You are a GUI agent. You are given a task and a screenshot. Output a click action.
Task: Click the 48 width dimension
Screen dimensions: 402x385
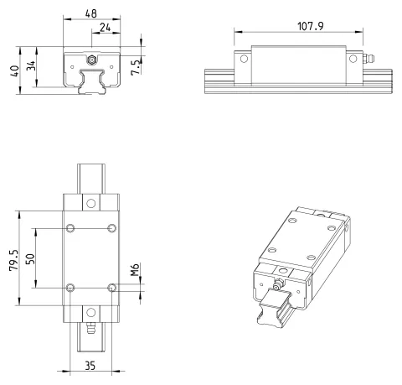[91, 13]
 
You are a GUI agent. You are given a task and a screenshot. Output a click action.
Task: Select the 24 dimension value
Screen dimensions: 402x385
[106, 28]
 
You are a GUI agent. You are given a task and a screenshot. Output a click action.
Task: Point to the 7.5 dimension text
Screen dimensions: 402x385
[136, 68]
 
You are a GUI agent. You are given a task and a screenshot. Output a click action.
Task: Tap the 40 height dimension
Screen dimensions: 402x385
[14, 70]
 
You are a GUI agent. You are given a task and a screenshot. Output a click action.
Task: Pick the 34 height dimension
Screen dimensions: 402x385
[31, 66]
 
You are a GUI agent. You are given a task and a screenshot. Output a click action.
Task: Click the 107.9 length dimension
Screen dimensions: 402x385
[311, 26]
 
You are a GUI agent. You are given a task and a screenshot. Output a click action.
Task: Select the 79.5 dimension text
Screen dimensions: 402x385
[13, 260]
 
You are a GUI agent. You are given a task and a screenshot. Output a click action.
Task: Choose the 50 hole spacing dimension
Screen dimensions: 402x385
[30, 258]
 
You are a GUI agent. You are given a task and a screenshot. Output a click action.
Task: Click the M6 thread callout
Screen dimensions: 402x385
[135, 269]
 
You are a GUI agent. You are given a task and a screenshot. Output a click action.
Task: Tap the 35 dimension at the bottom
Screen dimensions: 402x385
[90, 366]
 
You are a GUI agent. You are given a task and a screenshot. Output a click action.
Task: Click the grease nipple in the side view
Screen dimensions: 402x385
[368, 59]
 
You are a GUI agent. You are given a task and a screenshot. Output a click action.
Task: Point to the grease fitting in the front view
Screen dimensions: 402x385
[91, 60]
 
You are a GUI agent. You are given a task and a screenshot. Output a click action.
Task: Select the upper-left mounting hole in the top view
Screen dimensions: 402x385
[70, 228]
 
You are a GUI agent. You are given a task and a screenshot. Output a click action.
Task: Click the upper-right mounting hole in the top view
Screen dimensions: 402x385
[112, 228]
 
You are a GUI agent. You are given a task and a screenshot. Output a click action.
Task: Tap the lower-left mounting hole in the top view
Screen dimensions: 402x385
[70, 288]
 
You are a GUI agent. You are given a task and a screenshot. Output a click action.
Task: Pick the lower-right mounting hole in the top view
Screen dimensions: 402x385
[112, 288]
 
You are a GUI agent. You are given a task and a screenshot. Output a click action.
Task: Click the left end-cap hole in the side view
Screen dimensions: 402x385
[244, 59]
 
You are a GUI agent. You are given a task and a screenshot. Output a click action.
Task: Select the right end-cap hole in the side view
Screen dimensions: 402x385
[353, 59]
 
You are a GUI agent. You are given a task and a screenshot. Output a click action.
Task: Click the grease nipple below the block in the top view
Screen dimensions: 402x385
[90, 328]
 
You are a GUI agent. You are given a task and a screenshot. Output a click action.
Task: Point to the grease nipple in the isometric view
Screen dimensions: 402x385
[277, 286]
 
